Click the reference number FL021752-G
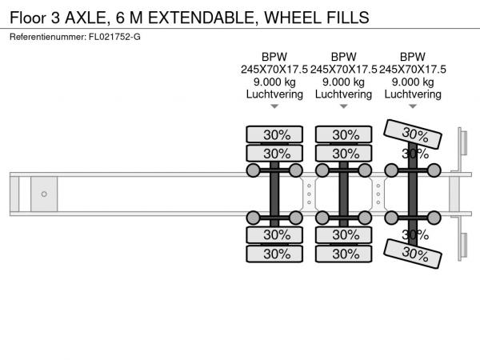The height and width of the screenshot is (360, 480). [114, 37]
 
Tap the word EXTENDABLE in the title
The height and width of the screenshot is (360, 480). [202, 18]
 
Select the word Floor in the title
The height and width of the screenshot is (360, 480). [28, 18]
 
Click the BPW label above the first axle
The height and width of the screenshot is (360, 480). [274, 57]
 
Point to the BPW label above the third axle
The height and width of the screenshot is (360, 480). [413, 57]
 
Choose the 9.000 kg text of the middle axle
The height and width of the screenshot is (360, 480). [343, 82]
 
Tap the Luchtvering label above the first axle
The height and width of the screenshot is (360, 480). [274, 94]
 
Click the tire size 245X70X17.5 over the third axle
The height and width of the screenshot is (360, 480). [413, 70]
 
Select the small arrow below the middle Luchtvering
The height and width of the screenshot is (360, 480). [343, 106]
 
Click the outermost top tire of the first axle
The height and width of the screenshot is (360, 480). [274, 134]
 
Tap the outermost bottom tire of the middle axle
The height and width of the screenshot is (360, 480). [343, 254]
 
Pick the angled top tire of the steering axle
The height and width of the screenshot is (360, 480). [413, 134]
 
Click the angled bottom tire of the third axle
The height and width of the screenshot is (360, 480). [413, 254]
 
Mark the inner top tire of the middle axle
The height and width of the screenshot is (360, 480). [343, 154]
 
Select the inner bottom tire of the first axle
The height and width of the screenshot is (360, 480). [274, 235]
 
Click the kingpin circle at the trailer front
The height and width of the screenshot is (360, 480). [44, 194]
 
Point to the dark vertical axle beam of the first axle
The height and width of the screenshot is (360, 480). [274, 194]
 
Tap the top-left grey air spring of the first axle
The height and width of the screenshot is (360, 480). [253, 170]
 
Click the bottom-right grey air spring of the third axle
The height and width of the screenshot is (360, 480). [434, 218]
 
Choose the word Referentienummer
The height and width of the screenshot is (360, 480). [48, 37]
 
